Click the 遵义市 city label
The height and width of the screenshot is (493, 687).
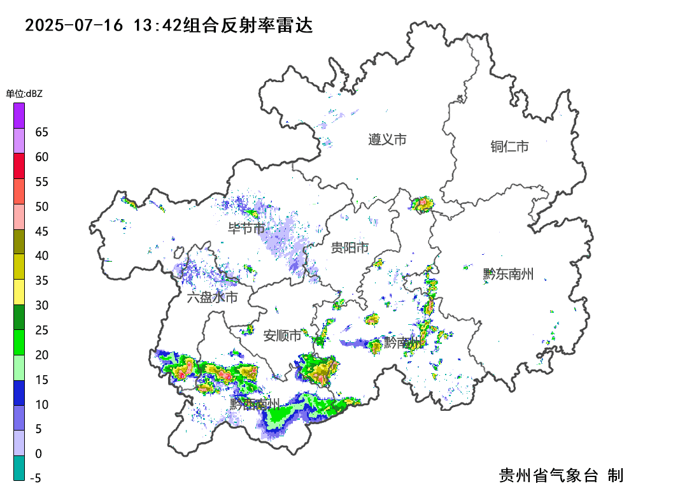pyautogui.click(x=387, y=139)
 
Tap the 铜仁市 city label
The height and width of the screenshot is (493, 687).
pyautogui.click(x=509, y=146)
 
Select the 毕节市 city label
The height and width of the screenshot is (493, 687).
pyautogui.click(x=247, y=228)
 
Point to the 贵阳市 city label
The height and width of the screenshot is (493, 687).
pyautogui.click(x=350, y=248)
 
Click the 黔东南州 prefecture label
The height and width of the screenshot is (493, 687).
pyautogui.click(x=508, y=275)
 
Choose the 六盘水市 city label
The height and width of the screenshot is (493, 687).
pyautogui.click(x=213, y=297)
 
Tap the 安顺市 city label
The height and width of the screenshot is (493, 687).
pyautogui.click(x=282, y=336)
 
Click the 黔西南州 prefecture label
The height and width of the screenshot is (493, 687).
pyautogui.click(x=255, y=403)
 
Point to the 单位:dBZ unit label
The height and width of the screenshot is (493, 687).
pyautogui.click(x=24, y=94)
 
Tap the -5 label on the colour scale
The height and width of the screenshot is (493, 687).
pyautogui.click(x=36, y=478)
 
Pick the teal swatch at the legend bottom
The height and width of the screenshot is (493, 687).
pyautogui.click(x=19, y=468)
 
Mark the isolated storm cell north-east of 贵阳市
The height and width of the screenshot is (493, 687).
pyautogui.click(x=421, y=204)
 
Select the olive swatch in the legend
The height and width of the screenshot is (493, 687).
pyautogui.click(x=19, y=242)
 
